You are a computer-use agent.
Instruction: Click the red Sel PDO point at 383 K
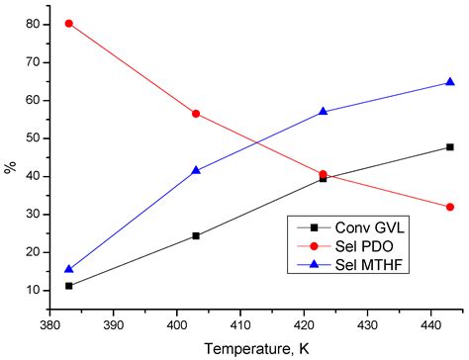click(x=69, y=23)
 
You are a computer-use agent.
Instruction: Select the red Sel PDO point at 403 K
click(x=196, y=114)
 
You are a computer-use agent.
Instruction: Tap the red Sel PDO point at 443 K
click(x=450, y=207)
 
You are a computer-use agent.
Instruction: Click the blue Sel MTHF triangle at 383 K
click(x=69, y=268)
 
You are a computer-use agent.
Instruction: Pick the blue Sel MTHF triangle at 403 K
click(x=196, y=170)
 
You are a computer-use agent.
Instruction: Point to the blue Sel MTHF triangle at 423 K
click(x=324, y=112)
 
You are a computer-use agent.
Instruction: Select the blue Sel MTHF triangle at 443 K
click(x=450, y=82)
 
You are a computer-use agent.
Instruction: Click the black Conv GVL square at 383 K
click(x=69, y=286)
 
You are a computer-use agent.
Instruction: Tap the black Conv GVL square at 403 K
click(x=196, y=235)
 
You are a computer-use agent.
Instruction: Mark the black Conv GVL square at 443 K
click(x=450, y=146)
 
